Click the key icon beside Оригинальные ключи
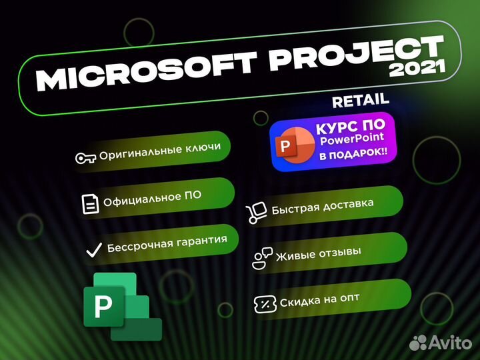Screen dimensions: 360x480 point(85,158)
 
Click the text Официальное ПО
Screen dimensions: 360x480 point(152,198)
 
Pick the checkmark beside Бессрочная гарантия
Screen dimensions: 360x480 point(93,250)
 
